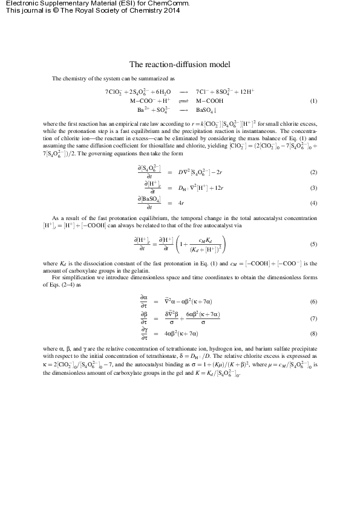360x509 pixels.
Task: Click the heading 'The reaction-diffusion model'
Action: pyautogui.click(x=180, y=64)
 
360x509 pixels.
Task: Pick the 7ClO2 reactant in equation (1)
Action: pyautogui.click(x=113, y=92)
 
